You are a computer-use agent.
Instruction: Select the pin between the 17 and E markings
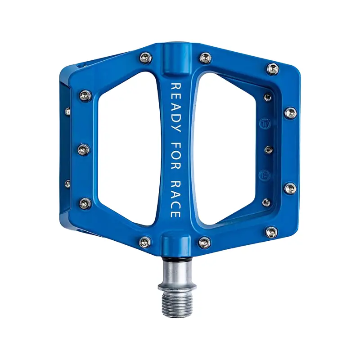tap(268, 150)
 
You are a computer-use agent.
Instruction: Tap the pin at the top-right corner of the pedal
tap(273, 69)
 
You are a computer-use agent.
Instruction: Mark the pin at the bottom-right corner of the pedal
tap(272, 232)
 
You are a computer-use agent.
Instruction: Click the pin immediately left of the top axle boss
tap(145, 58)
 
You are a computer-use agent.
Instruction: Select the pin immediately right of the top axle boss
tap(205, 58)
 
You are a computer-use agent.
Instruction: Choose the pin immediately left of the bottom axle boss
tap(144, 242)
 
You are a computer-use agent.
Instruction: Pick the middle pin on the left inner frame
tap(84, 149)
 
